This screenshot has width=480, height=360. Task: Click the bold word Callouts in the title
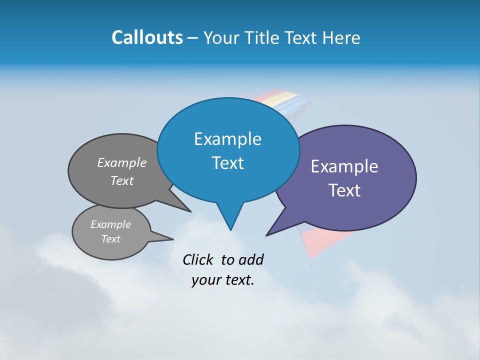tap(147, 38)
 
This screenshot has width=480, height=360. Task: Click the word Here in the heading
tap(341, 38)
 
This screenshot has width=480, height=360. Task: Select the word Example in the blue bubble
tap(227, 139)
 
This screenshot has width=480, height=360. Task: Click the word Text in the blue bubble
tap(227, 163)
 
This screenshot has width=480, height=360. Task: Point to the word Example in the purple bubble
tap(344, 166)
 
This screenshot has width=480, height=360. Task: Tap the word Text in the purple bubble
tap(344, 190)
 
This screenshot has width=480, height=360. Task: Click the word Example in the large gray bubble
tap(122, 163)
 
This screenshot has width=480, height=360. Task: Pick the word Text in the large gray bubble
tap(122, 181)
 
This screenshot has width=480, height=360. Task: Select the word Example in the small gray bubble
tap(111, 224)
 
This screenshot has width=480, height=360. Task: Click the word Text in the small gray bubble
tap(111, 239)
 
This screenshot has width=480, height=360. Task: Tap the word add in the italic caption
tap(251, 260)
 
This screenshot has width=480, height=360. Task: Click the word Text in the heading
tap(304, 38)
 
